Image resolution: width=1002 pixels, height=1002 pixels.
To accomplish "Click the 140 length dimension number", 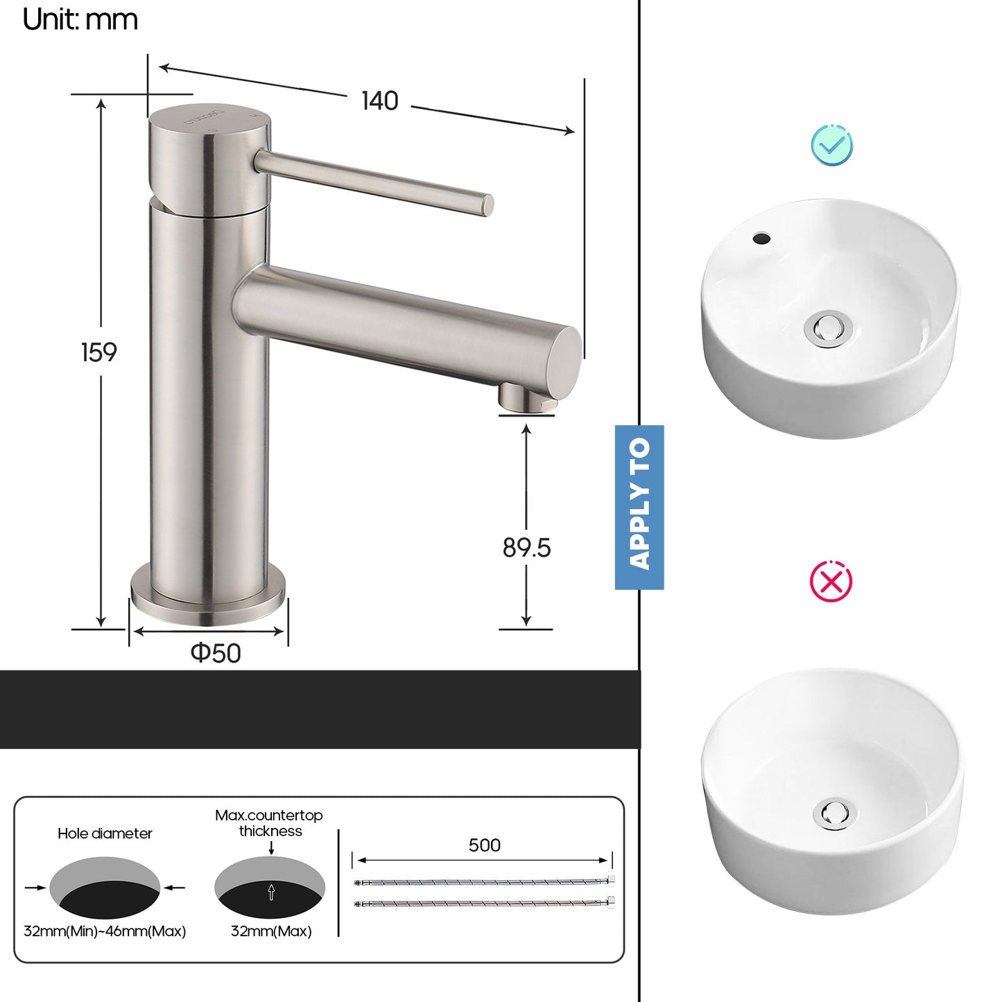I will pyautogui.click(x=380, y=101).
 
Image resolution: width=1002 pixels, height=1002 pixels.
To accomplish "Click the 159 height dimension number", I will pyautogui.click(x=99, y=352).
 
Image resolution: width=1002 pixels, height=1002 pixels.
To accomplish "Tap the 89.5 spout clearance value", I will pyautogui.click(x=526, y=548).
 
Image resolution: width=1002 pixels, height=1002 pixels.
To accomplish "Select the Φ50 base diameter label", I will pyautogui.click(x=216, y=653).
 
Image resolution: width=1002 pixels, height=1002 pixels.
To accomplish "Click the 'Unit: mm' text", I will pyautogui.click(x=80, y=19).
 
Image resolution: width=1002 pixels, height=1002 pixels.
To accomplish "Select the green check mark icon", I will pyautogui.click(x=831, y=146).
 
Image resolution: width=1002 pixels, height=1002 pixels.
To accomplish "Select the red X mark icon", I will pyautogui.click(x=831, y=582).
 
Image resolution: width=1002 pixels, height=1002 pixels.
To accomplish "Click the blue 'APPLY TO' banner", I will pyautogui.click(x=639, y=507).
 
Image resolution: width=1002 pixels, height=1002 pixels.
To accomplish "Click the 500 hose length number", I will pyautogui.click(x=484, y=845).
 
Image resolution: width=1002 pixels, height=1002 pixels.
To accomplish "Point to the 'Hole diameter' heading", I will pyautogui.click(x=105, y=833).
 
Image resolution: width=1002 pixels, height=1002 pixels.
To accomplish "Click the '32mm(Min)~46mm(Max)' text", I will pyautogui.click(x=105, y=931).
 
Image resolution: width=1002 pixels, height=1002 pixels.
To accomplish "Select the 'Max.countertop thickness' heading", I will pyautogui.click(x=269, y=823).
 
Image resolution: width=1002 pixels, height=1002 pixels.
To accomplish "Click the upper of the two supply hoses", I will pyautogui.click(x=483, y=882).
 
